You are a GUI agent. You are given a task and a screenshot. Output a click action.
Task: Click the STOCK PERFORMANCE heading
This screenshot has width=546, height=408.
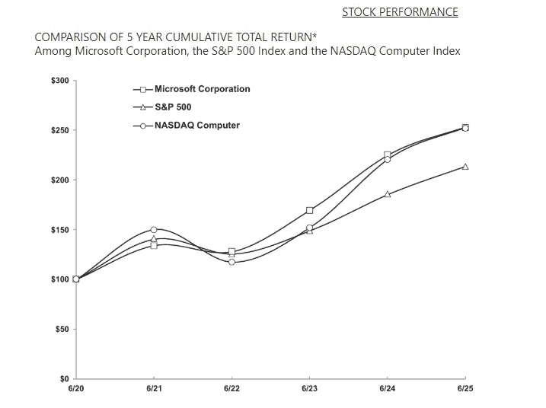pos(400,12)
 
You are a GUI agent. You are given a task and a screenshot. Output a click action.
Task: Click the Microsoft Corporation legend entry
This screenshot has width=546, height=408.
pos(202,89)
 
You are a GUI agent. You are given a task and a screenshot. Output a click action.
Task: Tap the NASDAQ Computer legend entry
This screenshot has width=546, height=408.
pos(196,126)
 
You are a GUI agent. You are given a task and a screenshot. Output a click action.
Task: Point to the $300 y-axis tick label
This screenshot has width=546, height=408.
pos(59,81)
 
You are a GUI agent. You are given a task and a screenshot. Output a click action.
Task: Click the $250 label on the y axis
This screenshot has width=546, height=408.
pos(59,130)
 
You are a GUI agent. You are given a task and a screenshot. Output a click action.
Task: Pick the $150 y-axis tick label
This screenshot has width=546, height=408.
pos(59,230)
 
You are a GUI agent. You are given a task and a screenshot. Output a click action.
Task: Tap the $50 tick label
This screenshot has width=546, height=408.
pos(62,329)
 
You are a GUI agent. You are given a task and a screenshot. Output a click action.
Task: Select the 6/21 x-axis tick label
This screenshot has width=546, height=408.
pos(153,388)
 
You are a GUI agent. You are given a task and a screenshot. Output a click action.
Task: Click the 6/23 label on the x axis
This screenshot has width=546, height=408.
pos(309,388)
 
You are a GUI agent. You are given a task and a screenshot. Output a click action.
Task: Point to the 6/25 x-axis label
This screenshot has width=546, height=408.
pos(465,388)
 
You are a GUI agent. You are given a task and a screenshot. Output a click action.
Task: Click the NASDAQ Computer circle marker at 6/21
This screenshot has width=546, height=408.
pos(154,229)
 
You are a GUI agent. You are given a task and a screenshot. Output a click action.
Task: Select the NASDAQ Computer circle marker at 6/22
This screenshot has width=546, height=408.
pos(231,262)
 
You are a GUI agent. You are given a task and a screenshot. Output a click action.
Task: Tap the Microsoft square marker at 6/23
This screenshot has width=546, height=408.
pos(309,210)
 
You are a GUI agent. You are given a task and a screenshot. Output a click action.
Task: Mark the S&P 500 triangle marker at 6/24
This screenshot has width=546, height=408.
pos(388,194)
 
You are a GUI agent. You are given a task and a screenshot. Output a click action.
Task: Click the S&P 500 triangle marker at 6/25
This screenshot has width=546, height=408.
pos(465,167)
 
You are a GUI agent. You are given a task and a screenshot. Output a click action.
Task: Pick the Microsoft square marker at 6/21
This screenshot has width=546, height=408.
pos(154,246)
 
